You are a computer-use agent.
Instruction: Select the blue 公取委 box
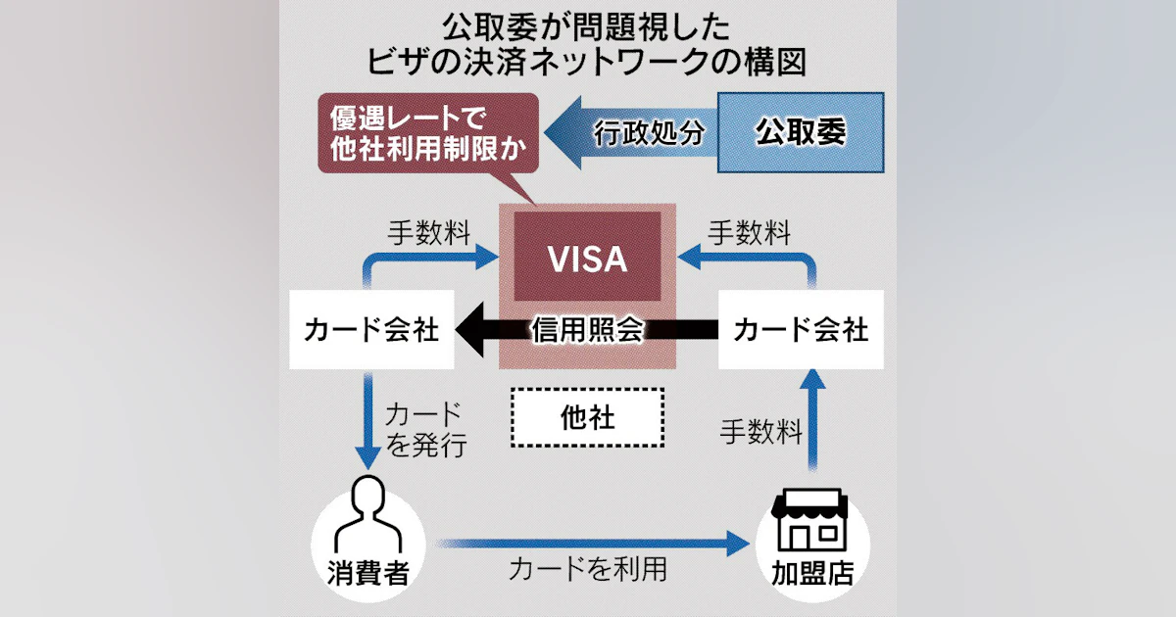pyautogui.click(x=801, y=132)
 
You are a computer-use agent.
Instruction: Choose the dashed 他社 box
pyautogui.click(x=588, y=417)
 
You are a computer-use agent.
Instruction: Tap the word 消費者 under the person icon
pyautogui.click(x=367, y=571)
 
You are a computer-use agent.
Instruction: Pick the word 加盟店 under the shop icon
pyautogui.click(x=810, y=571)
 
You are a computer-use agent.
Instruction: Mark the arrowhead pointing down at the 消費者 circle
pyautogui.click(x=367, y=457)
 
